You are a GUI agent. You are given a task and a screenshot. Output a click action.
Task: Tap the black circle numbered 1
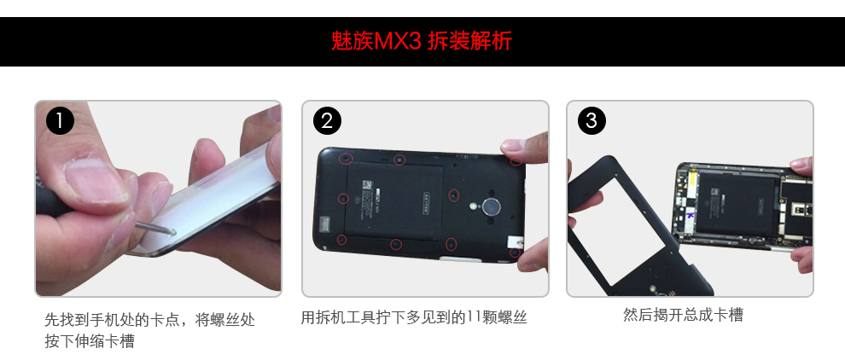pyautogui.click(x=60, y=121)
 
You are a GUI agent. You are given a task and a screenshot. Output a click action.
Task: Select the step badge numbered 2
pyautogui.click(x=327, y=121)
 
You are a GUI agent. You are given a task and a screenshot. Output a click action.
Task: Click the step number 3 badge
pyautogui.click(x=591, y=121)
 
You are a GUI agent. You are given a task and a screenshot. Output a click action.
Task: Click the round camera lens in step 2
pyautogui.click(x=491, y=207)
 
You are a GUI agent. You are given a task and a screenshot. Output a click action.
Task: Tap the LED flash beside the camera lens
pyautogui.click(x=472, y=206)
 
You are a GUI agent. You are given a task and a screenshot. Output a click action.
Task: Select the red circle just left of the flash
pyautogui.click(x=454, y=195)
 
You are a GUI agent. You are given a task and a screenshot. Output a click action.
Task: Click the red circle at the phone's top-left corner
pyautogui.click(x=346, y=159)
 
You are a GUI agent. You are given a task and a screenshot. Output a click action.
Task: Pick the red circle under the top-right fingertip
pyautogui.click(x=516, y=160)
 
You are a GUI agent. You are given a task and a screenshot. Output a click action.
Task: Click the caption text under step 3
pyautogui.click(x=684, y=315)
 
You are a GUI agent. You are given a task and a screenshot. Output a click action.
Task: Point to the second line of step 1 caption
pyautogui.click(x=90, y=341)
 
